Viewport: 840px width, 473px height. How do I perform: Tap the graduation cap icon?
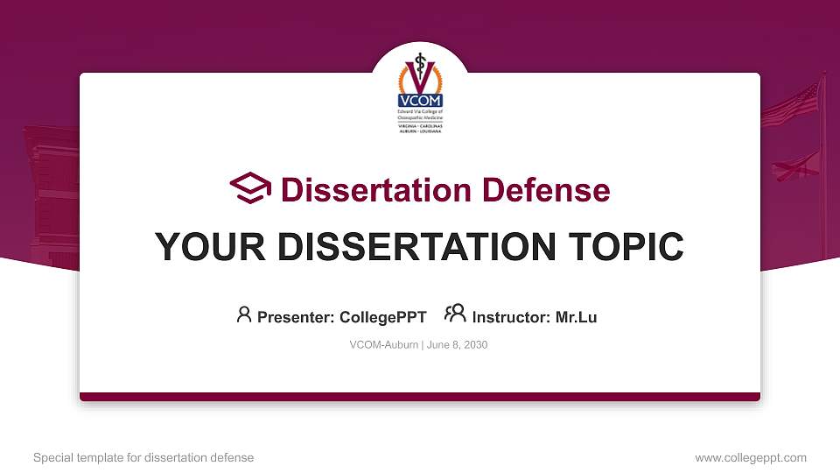[x=251, y=189]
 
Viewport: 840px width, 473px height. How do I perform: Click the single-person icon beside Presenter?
[x=244, y=315]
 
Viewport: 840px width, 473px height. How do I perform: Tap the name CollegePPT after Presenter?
[x=382, y=317]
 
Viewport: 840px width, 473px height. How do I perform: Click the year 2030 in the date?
[x=475, y=345]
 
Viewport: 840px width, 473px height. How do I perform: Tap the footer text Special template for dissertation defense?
[x=143, y=457]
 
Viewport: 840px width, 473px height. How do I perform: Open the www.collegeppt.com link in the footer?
[x=751, y=457]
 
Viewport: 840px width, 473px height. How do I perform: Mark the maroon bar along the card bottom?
[x=420, y=397]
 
